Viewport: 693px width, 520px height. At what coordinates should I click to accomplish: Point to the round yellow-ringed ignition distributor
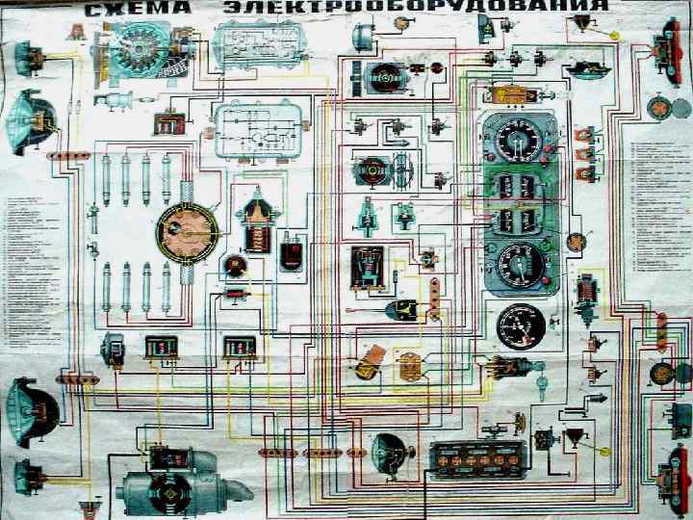click(188, 232)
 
